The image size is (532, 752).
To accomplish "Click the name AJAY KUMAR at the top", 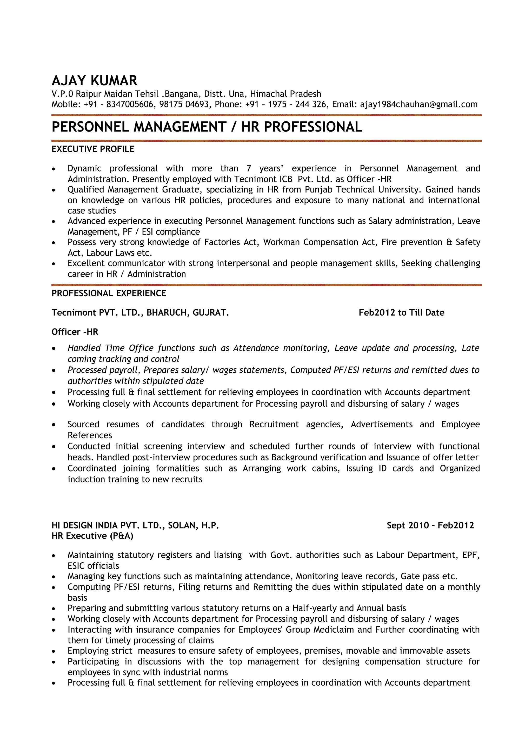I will [94, 80].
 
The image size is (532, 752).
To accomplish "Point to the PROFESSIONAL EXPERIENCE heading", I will [109, 293].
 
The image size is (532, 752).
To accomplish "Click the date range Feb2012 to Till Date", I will [401, 312].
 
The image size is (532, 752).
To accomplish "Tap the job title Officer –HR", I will [75, 332].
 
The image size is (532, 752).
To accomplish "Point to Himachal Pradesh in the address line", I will [285, 94].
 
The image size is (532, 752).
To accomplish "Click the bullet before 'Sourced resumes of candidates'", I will [54, 425].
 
